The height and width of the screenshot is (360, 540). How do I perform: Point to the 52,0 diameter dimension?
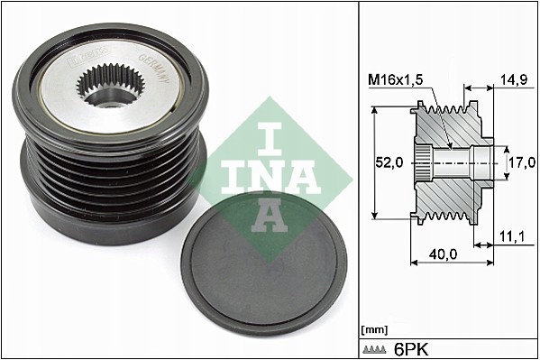click(x=389, y=163)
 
